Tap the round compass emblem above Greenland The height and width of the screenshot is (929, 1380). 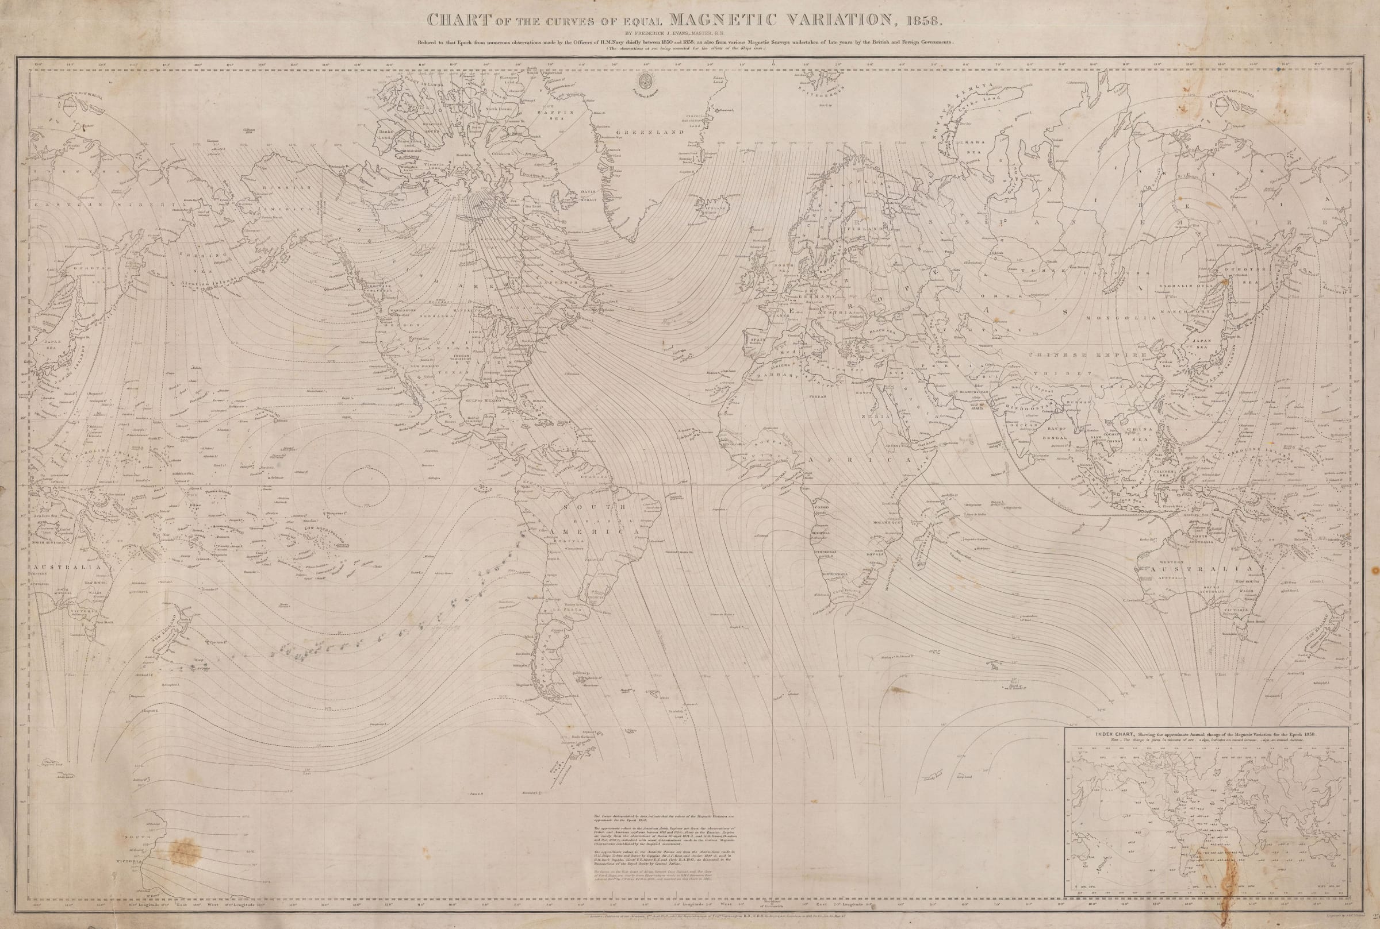(x=643, y=80)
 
